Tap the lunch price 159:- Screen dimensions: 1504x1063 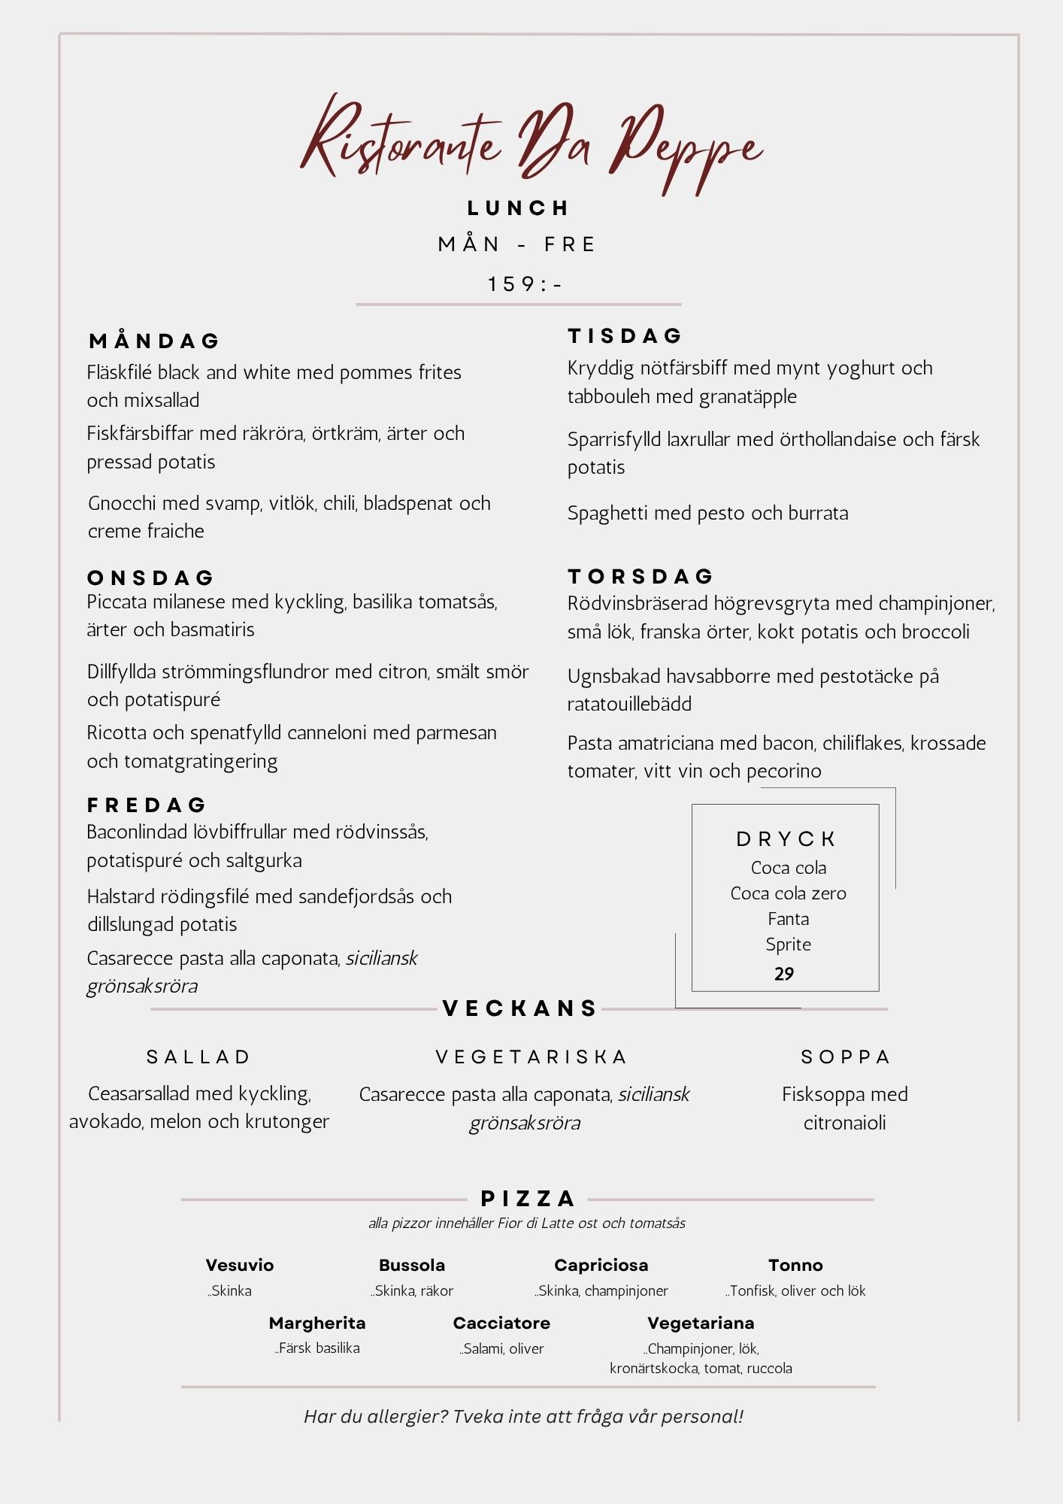(524, 284)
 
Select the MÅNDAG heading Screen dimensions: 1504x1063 (154, 341)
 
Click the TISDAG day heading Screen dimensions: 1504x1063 (625, 336)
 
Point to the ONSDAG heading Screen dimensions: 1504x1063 (151, 578)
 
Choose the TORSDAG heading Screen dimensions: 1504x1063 (641, 577)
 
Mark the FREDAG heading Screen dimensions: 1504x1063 (147, 805)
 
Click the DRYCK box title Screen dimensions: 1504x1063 (786, 839)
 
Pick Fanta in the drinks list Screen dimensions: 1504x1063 (788, 919)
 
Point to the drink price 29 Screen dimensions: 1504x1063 (784, 974)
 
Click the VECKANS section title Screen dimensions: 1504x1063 (520, 1008)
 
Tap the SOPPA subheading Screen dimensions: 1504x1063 (845, 1057)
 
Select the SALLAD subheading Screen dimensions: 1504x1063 (198, 1057)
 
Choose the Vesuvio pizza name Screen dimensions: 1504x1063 (240, 1266)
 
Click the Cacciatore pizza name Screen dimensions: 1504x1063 (501, 1324)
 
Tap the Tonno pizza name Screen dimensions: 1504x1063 (795, 1266)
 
